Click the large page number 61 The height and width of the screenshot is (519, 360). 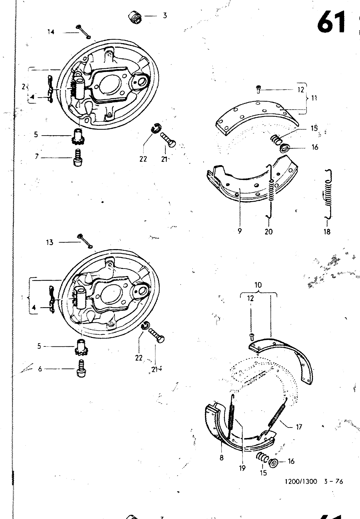pyautogui.click(x=331, y=22)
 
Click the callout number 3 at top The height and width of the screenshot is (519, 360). pyautogui.click(x=165, y=15)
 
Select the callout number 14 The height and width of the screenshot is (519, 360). pyautogui.click(x=51, y=32)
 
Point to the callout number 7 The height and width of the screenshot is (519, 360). pyautogui.click(x=37, y=157)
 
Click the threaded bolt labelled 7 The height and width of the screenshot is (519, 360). pyautogui.click(x=78, y=157)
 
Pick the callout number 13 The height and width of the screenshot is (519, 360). pyautogui.click(x=50, y=242)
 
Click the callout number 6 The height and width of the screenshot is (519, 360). pyautogui.click(x=40, y=369)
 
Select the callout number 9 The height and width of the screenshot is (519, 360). pyautogui.click(x=239, y=231)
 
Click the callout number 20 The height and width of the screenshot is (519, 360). pyautogui.click(x=269, y=231)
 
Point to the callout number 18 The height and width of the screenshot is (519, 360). pyautogui.click(x=327, y=231)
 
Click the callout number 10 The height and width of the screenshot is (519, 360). pyautogui.click(x=258, y=285)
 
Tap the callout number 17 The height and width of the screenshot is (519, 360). pyautogui.click(x=299, y=427)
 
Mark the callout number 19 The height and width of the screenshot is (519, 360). pyautogui.click(x=242, y=468)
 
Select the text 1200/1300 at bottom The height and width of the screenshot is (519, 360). pyautogui.click(x=301, y=482)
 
